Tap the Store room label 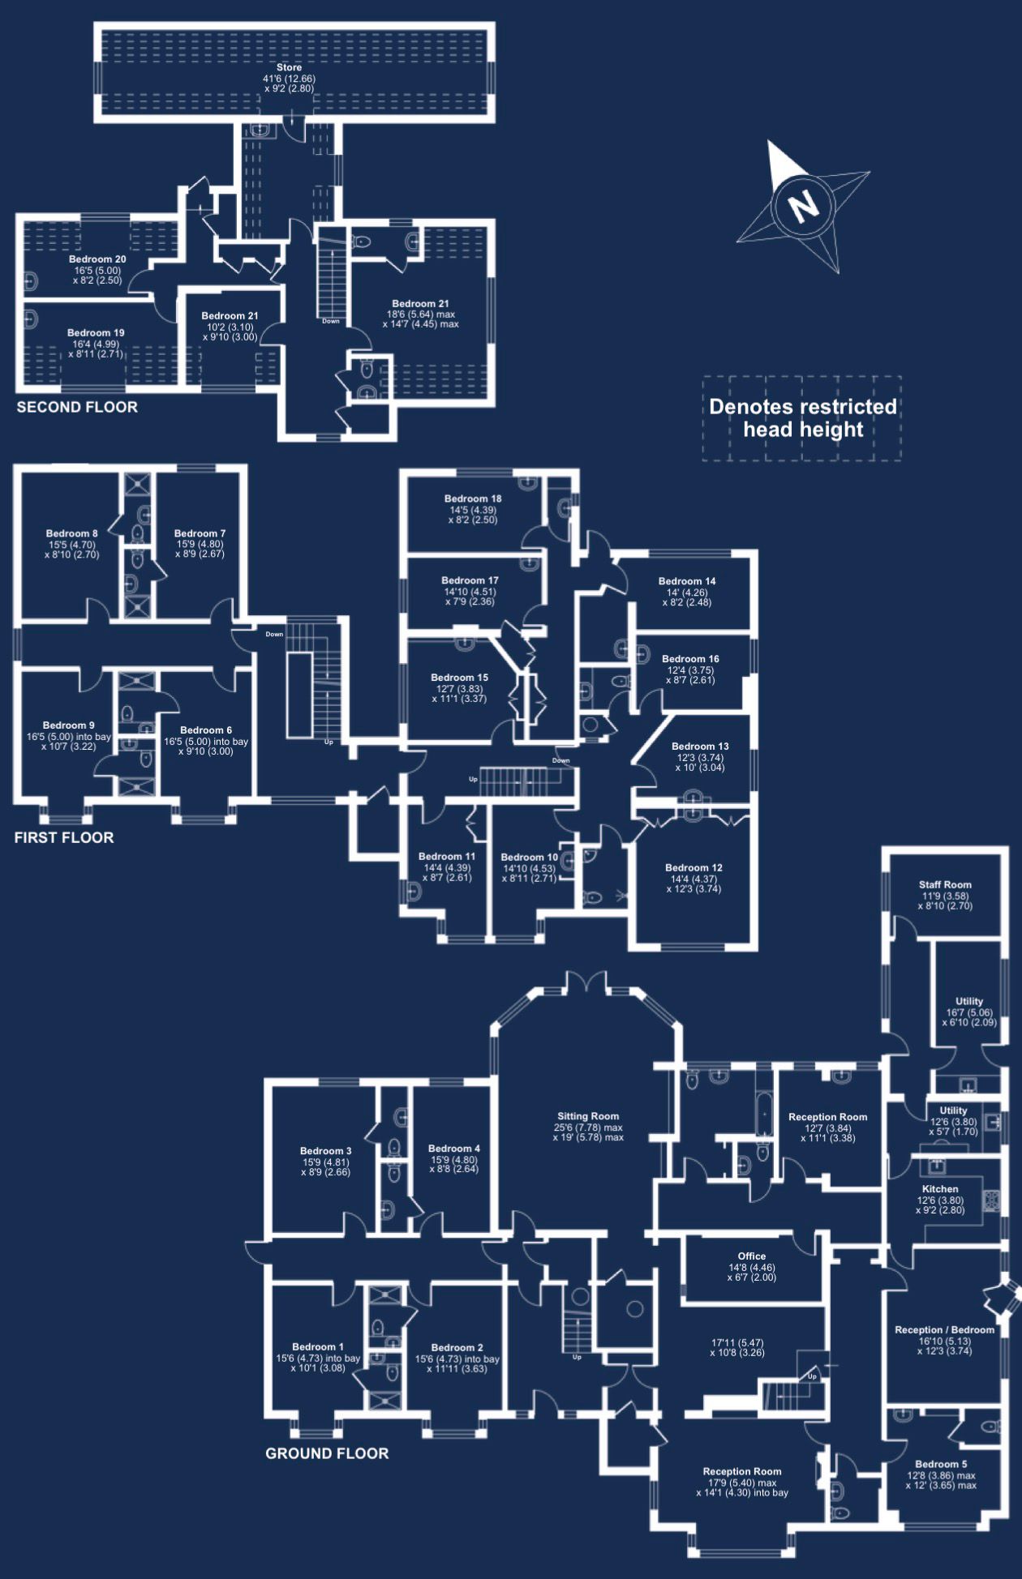click(289, 68)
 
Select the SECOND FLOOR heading click(77, 407)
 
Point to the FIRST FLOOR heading click(64, 837)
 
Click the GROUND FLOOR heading click(327, 1453)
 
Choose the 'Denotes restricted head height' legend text click(803, 417)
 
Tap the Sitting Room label click(588, 1116)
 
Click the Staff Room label click(945, 885)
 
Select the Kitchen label click(940, 1189)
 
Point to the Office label click(752, 1256)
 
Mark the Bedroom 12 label click(693, 867)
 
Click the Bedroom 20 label click(97, 259)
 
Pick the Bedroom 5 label click(941, 1464)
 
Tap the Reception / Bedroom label click(944, 1330)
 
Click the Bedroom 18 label click(473, 499)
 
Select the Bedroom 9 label click(69, 725)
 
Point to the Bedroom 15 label click(459, 678)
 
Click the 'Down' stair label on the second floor click(331, 321)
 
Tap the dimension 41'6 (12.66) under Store click(289, 79)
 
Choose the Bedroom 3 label click(326, 1151)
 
